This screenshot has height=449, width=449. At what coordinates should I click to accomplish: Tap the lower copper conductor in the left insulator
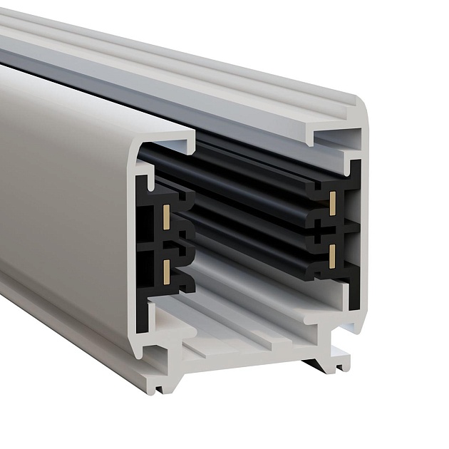pos(165,269)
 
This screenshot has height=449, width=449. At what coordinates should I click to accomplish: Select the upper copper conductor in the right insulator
pos(333,202)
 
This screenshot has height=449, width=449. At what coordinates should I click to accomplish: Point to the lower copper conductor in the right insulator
pos(333,252)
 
